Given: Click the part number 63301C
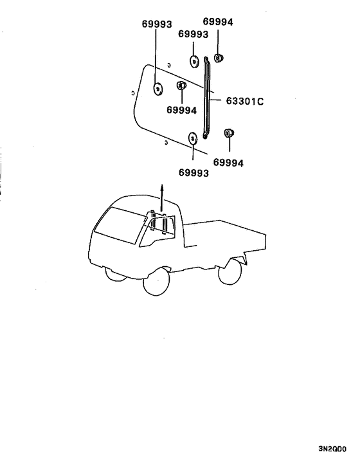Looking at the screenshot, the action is pyautogui.click(x=244, y=101).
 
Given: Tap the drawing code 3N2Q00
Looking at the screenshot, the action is pyautogui.click(x=332, y=448).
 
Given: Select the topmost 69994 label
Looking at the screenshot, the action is pyautogui.click(x=218, y=22).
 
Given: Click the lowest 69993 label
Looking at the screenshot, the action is pyautogui.click(x=194, y=172).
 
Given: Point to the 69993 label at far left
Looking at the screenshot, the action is pyautogui.click(x=157, y=24).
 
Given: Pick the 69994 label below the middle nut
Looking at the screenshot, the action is pyautogui.click(x=181, y=111).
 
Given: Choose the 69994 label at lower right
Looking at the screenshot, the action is pyautogui.click(x=228, y=163).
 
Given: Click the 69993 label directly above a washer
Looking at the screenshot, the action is pyautogui.click(x=193, y=34).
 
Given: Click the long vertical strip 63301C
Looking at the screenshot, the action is pyautogui.click(x=206, y=98).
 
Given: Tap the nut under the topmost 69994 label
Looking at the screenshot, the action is pyautogui.click(x=219, y=58).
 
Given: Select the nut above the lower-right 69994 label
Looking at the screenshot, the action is pyautogui.click(x=229, y=133).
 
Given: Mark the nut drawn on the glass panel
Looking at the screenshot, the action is pyautogui.click(x=181, y=86).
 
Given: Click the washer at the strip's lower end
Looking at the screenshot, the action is pyautogui.click(x=192, y=138).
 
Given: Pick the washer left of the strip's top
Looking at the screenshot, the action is pyautogui.click(x=194, y=61).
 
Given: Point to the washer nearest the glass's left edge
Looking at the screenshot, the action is pyautogui.click(x=157, y=89).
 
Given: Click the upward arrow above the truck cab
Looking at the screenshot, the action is pyautogui.click(x=162, y=197).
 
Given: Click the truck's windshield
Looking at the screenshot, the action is pyautogui.click(x=120, y=225).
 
